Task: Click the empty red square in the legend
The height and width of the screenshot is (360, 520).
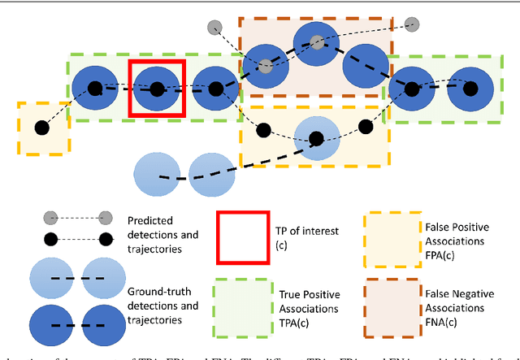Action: (241, 236)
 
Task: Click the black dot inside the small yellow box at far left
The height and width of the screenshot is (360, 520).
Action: (41, 128)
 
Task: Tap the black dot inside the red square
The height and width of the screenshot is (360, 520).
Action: (155, 88)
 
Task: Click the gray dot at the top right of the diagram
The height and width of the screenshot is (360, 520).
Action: (413, 24)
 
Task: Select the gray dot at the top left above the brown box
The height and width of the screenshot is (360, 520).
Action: (214, 27)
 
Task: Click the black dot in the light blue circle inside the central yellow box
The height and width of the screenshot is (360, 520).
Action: (312, 137)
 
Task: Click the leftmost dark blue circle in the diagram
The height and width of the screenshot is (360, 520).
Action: (94, 88)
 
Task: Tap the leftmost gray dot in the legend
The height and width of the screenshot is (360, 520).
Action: (50, 217)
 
